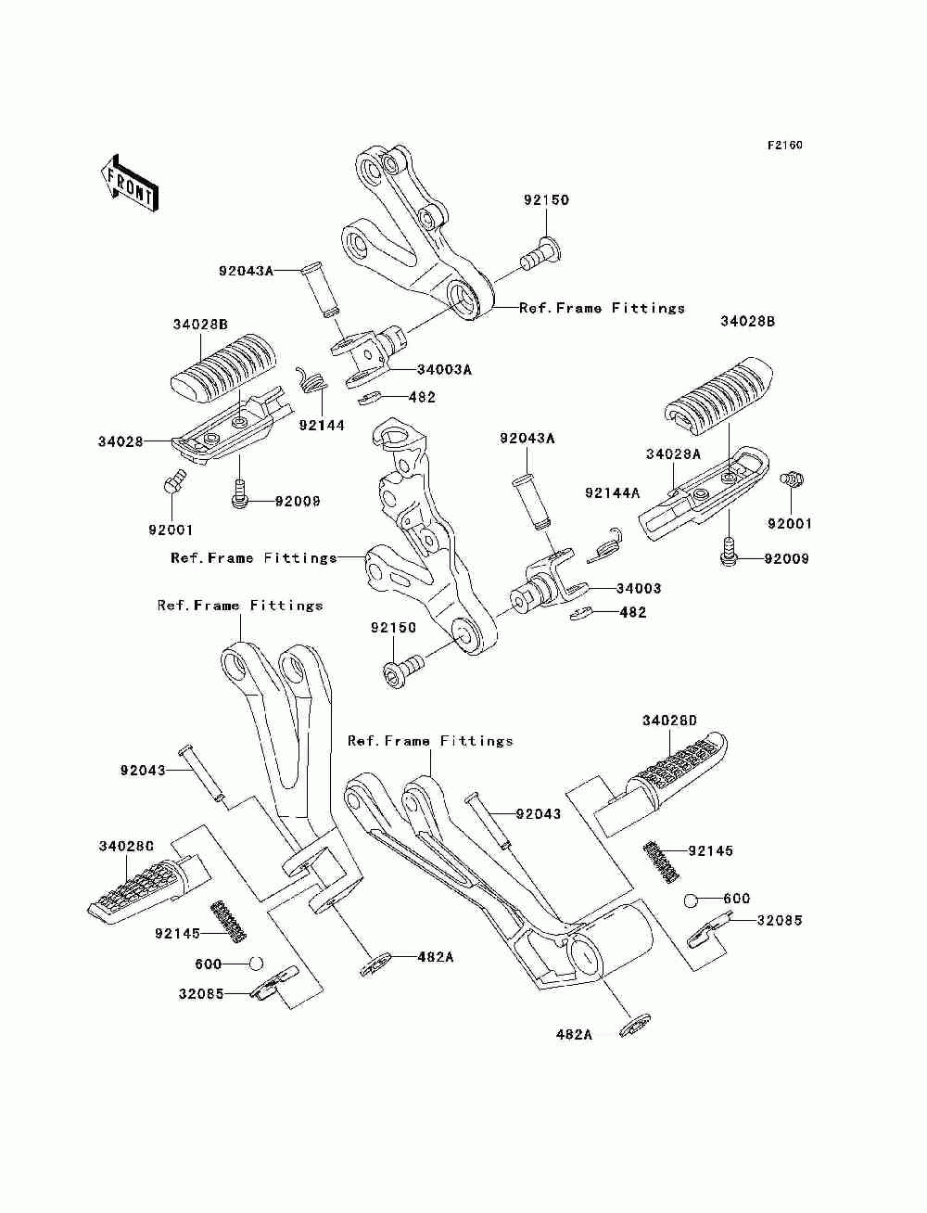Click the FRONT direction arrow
(130, 184)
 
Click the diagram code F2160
(784, 146)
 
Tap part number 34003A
(444, 370)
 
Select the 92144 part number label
(322, 425)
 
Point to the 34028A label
(673, 453)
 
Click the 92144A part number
(612, 492)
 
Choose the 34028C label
(126, 846)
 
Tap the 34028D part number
(669, 720)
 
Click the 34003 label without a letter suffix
(639, 588)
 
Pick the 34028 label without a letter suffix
(121, 441)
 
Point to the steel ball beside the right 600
(690, 900)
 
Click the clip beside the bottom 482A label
(635, 1026)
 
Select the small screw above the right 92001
(792, 479)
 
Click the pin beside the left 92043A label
(324, 292)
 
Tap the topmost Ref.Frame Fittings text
(602, 308)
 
